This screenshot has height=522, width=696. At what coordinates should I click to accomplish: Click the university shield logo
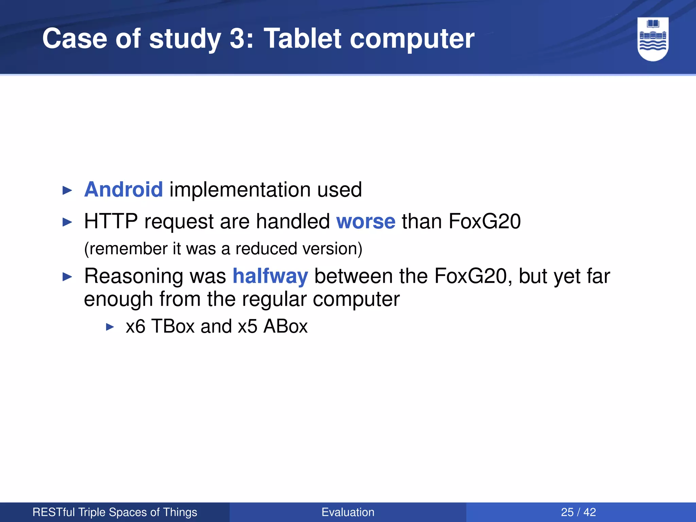[652, 39]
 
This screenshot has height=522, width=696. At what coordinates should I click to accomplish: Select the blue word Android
[123, 190]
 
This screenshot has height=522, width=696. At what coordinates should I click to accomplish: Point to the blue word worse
[366, 222]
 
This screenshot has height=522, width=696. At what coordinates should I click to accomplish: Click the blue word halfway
[270, 276]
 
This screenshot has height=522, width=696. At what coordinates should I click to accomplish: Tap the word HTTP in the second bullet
[111, 222]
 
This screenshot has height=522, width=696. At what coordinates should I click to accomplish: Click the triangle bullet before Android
[68, 190]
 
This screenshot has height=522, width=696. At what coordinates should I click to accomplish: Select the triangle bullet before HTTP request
[68, 222]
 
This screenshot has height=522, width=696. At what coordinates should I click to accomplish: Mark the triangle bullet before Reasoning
[68, 277]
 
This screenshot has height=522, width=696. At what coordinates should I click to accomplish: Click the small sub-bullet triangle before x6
[110, 327]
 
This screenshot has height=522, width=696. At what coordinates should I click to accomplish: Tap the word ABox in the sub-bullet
[285, 326]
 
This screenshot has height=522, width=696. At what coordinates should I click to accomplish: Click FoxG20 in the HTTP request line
[484, 222]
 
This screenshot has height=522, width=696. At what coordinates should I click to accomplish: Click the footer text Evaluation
[348, 512]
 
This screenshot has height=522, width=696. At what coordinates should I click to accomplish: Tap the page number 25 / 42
[578, 512]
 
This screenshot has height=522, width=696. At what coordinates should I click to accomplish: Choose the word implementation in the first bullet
[240, 190]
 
